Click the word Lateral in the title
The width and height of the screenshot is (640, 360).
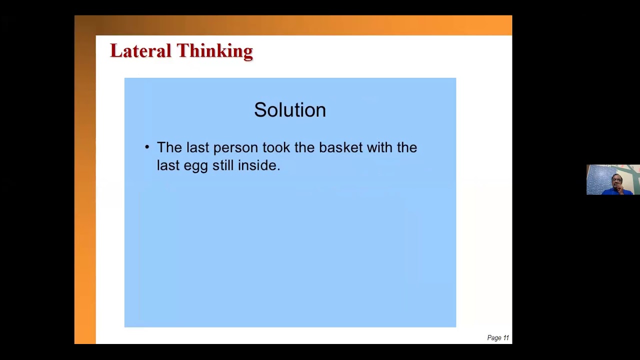(x=140, y=51)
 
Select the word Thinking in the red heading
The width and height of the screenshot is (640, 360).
(x=214, y=51)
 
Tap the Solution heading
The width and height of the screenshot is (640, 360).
(x=290, y=110)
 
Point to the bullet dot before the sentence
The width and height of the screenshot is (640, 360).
(x=147, y=147)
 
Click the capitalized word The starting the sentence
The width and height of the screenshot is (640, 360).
(x=169, y=147)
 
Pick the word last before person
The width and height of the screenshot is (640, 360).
(x=197, y=147)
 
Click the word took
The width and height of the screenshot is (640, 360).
(x=276, y=147)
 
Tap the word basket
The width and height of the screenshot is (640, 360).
(x=340, y=147)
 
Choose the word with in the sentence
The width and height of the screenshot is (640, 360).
(x=379, y=147)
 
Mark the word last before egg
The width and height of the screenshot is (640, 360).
(x=168, y=165)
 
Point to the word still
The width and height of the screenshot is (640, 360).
(x=223, y=165)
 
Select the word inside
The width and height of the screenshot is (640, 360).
(x=257, y=165)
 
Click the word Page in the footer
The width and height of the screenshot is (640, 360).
(x=494, y=338)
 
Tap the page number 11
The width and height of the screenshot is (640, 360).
(x=506, y=338)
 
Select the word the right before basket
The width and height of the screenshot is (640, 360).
(x=304, y=147)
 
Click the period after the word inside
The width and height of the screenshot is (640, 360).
(x=278, y=169)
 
